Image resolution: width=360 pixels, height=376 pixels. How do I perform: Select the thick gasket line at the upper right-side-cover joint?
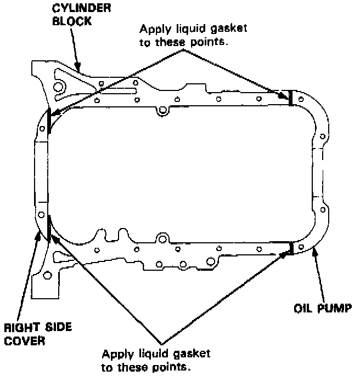(x=49, y=120)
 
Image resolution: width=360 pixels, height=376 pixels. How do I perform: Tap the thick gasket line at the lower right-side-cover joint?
(x=49, y=228)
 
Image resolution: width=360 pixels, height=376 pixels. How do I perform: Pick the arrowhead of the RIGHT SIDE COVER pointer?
(x=39, y=233)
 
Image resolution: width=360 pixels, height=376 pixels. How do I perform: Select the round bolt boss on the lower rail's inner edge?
(x=161, y=238)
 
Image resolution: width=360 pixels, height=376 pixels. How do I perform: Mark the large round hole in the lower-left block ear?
(x=50, y=274)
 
